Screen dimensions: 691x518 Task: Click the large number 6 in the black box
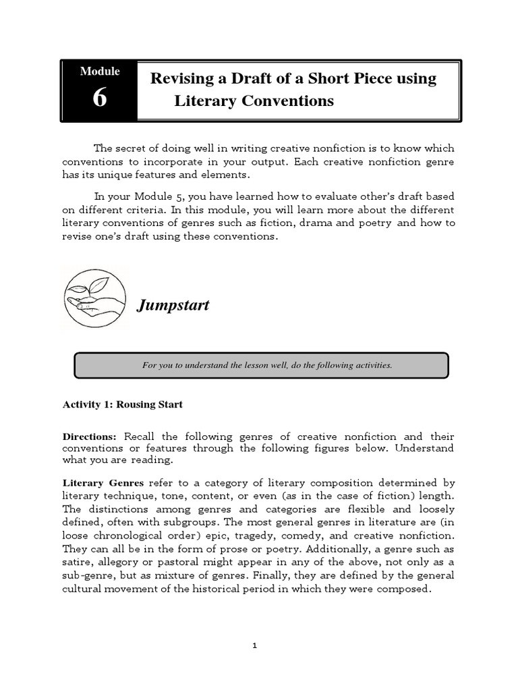pyautogui.click(x=99, y=98)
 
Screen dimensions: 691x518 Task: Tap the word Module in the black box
pyautogui.click(x=100, y=71)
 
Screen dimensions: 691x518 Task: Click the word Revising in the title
pyautogui.click(x=179, y=78)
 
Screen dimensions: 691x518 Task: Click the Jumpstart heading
pyautogui.click(x=173, y=306)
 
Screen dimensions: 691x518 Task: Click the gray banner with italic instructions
pyautogui.click(x=260, y=365)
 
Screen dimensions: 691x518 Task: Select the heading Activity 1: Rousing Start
pyautogui.click(x=123, y=405)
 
